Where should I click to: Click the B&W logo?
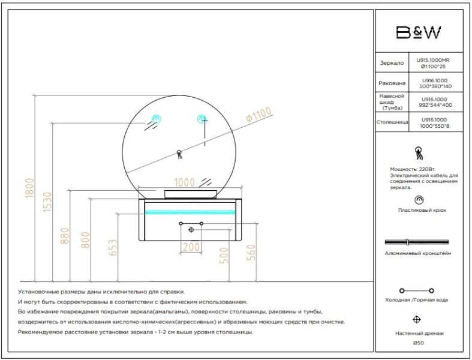coord(419,32)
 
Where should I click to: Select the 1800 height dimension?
coord(30,188)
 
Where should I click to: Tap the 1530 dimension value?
coord(47,202)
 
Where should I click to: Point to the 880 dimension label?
coord(65,236)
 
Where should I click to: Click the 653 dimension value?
coord(112,248)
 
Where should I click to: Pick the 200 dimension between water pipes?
coord(191,247)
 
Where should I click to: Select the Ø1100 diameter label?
coord(258,115)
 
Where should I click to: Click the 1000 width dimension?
coord(185,182)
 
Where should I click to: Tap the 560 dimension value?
coord(251,253)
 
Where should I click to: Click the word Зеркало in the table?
coord(392,63)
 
